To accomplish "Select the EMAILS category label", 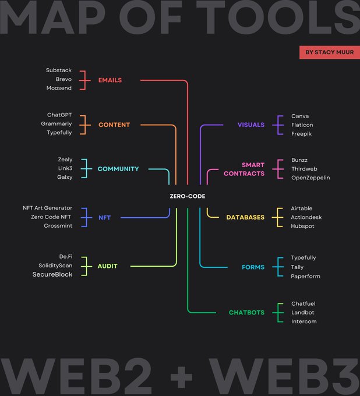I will tap(110, 80).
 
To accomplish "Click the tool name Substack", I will tap(59, 70).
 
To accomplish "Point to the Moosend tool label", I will tap(59, 88).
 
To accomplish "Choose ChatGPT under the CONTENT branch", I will tap(59, 115).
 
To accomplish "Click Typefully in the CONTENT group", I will tap(59, 133).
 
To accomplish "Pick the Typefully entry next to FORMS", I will tap(303, 257).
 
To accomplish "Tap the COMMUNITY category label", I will tap(118, 169).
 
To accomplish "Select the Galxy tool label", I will tap(65, 177).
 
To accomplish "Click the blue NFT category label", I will tap(105, 218).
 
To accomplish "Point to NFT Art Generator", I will tap(48, 208).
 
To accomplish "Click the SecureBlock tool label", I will tap(52, 274).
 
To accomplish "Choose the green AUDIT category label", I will tap(108, 266).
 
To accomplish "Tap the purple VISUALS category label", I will tap(251, 125).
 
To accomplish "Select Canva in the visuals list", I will tap(300, 116).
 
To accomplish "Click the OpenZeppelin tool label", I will tap(310, 178).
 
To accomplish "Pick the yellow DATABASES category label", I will tap(245, 217).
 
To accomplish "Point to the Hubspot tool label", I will tap(302, 226).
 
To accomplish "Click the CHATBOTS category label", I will tap(246, 313).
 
